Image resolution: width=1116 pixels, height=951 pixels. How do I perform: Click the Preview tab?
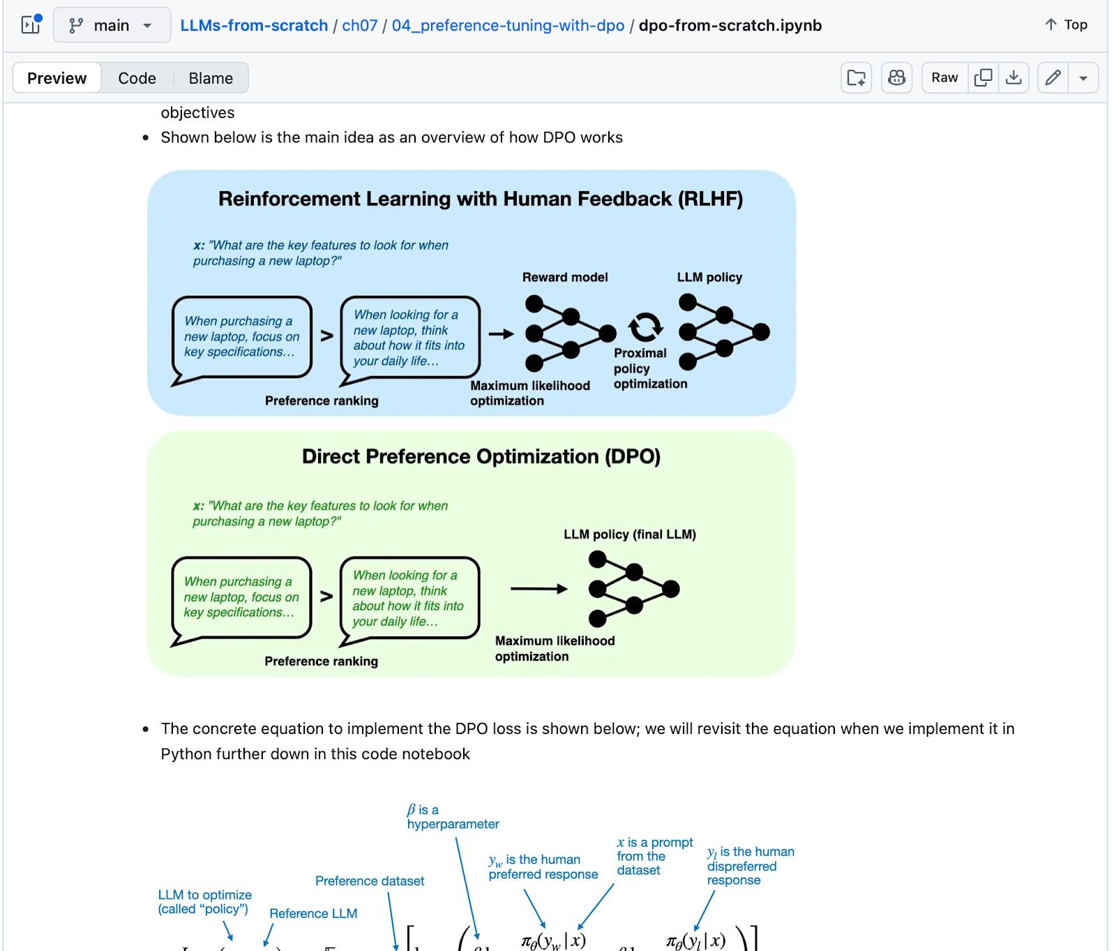point(56,78)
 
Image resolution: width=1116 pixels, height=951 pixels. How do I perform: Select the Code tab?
point(137,78)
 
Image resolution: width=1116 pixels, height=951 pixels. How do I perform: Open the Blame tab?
point(211,78)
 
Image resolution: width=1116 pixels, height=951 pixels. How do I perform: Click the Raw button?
point(944,77)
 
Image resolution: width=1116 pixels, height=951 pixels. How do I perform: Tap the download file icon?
point(1013,77)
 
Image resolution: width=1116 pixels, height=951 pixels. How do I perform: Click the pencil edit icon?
point(1053,77)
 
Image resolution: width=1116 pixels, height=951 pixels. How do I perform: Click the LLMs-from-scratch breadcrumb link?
point(254,26)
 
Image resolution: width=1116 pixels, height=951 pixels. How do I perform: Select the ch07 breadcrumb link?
point(359,26)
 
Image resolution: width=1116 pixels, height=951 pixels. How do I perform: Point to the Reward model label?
point(565,277)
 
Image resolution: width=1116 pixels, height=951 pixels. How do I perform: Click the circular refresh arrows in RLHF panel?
point(645,326)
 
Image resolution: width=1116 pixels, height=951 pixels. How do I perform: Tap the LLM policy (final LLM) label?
point(629,534)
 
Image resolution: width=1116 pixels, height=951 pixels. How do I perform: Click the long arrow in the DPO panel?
point(538,589)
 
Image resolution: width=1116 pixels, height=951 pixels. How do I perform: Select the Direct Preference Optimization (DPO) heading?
point(481,456)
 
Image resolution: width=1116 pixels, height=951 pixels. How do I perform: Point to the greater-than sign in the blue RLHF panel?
point(326,336)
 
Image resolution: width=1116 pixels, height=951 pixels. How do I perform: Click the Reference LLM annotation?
point(313,913)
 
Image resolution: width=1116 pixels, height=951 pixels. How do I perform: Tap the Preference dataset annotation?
point(369,881)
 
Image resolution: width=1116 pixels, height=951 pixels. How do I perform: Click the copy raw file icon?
point(983,77)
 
